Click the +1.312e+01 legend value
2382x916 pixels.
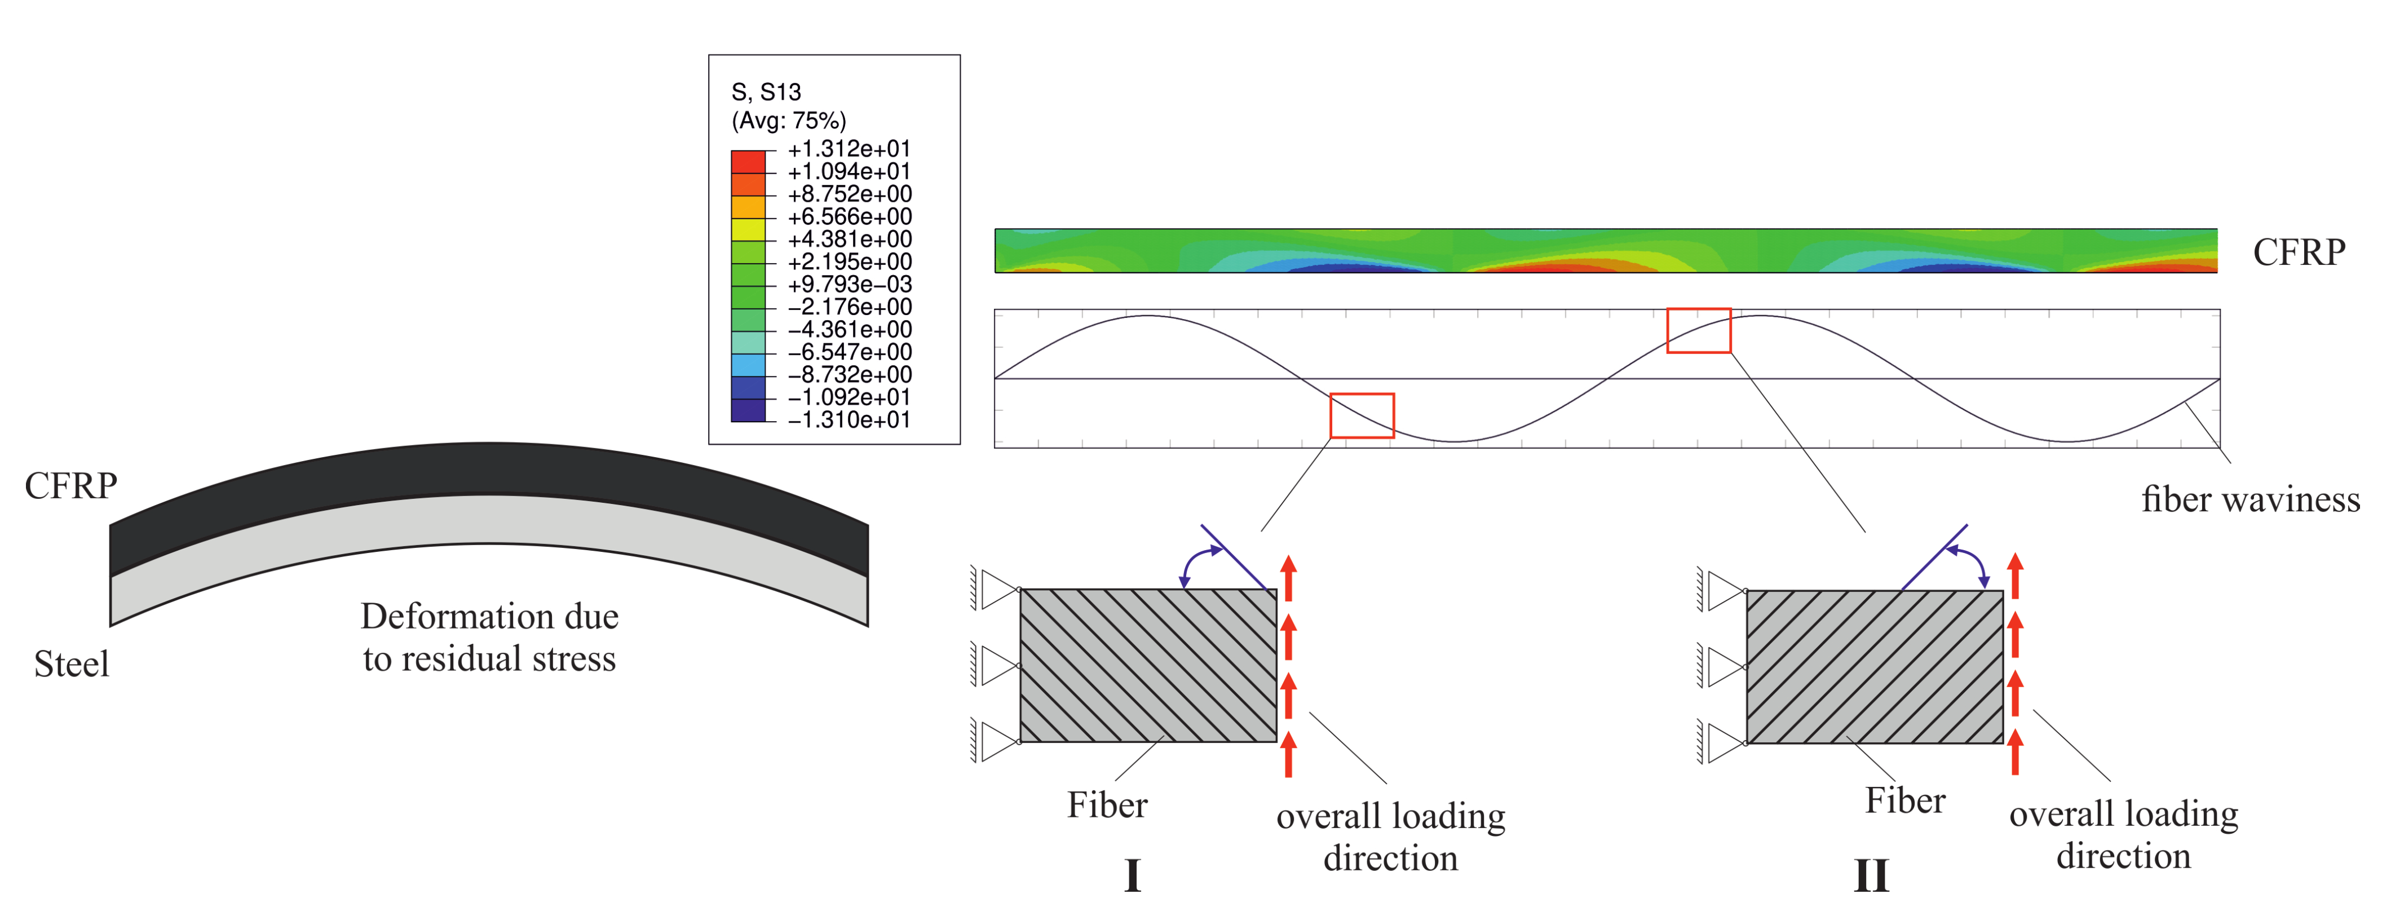pyautogui.click(x=849, y=149)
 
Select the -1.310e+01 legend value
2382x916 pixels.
pyautogui.click(x=849, y=419)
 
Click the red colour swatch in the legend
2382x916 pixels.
pyautogui.click(x=748, y=162)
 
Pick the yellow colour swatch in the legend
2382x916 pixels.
pyautogui.click(x=748, y=229)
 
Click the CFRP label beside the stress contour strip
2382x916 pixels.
pyautogui.click(x=2299, y=251)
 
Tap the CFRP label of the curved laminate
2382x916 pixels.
pyautogui.click(x=71, y=485)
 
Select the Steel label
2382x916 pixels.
pyautogui.click(x=71, y=663)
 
